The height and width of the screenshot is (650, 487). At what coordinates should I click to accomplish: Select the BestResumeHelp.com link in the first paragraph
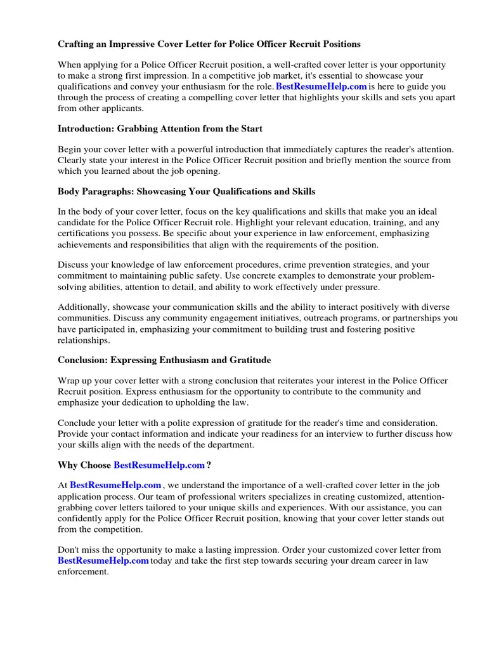(321, 86)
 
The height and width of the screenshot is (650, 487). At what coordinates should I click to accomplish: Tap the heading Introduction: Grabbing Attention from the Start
(160, 129)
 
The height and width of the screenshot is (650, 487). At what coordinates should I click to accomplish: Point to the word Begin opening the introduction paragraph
(71, 150)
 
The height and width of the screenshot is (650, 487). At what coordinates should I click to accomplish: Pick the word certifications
(86, 234)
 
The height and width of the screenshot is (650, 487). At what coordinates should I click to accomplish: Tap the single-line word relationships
(84, 340)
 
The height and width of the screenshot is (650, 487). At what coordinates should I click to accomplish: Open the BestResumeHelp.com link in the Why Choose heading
(159, 465)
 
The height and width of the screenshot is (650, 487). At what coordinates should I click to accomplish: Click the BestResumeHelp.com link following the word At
(115, 486)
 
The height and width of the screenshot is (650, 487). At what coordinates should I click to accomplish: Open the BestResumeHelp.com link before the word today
(103, 560)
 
